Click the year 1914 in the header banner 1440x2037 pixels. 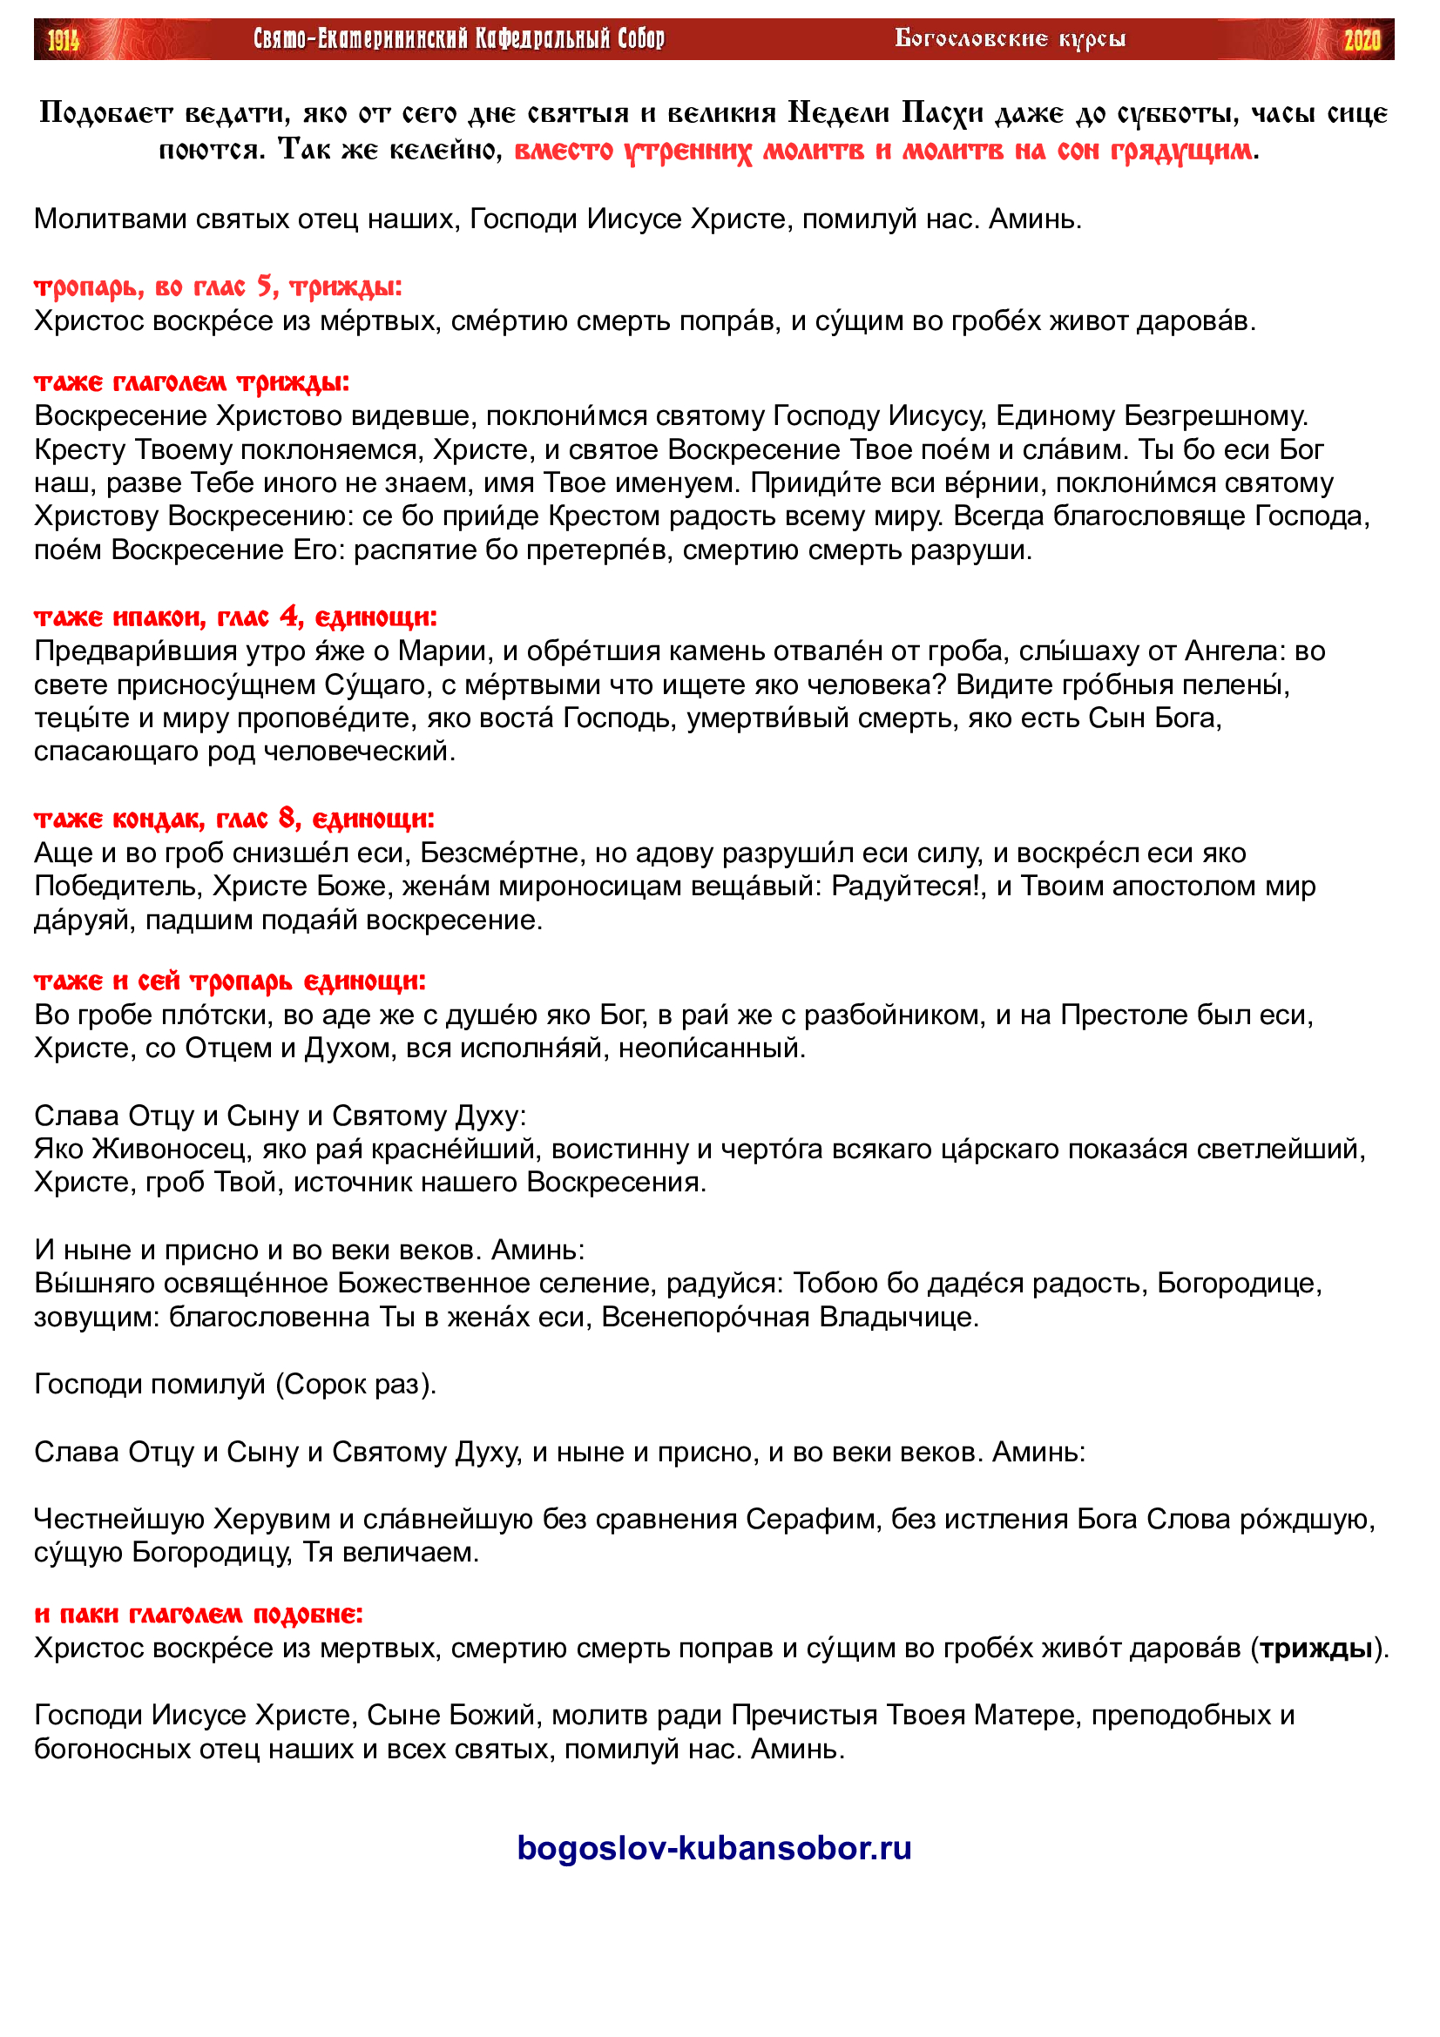63,40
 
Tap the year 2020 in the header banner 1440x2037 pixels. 1361,40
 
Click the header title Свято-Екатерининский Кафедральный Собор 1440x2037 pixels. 459,39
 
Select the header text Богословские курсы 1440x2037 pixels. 1010,39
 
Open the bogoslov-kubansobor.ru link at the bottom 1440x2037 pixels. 714,1848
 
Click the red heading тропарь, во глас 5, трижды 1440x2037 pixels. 219,287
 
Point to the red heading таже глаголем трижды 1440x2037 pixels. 192,382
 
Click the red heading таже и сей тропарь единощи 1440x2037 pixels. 230,981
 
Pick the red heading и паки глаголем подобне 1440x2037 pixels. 199,1614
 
